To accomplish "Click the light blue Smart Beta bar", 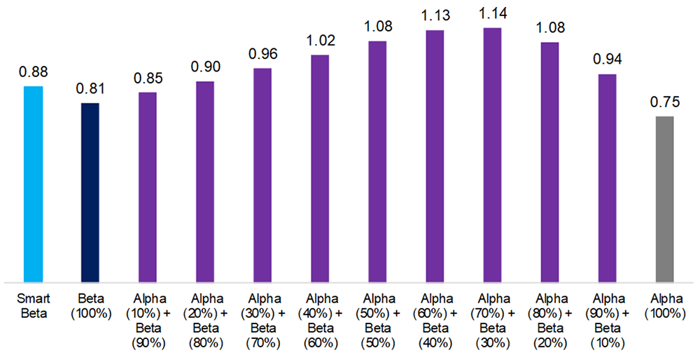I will coord(33,184).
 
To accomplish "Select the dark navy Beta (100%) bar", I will coord(90,192).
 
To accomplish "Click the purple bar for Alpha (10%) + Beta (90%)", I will coord(148,186).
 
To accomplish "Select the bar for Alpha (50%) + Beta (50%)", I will coord(377,161).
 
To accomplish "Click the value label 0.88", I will coord(33,72).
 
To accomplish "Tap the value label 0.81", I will coord(90,89).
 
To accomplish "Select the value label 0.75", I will coord(664,102).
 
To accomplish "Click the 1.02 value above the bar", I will coord(320,41).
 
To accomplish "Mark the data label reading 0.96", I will coord(262,54).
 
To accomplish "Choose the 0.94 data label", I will coord(607,60).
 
